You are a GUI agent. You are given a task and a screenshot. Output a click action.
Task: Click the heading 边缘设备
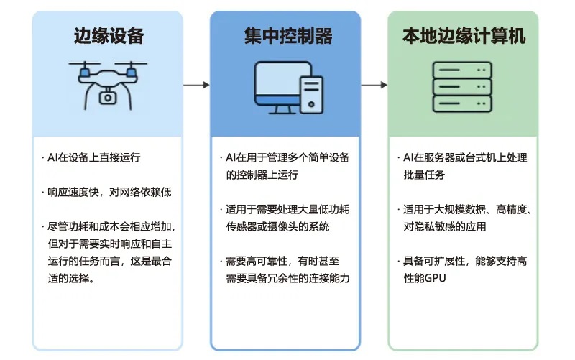coord(109,35)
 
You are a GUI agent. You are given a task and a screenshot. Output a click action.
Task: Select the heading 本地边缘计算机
coord(464,35)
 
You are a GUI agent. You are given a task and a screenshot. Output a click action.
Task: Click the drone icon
coord(108,83)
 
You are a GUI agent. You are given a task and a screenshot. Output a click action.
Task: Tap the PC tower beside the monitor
coord(310,93)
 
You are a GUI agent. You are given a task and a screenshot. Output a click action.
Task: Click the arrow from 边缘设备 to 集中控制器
coord(195,85)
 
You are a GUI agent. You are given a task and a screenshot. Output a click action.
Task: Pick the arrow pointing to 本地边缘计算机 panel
coord(374,85)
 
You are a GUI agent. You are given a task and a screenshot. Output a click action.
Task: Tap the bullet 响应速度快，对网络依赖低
coord(109,192)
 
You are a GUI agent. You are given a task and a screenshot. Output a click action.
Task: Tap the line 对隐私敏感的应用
coord(445,226)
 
